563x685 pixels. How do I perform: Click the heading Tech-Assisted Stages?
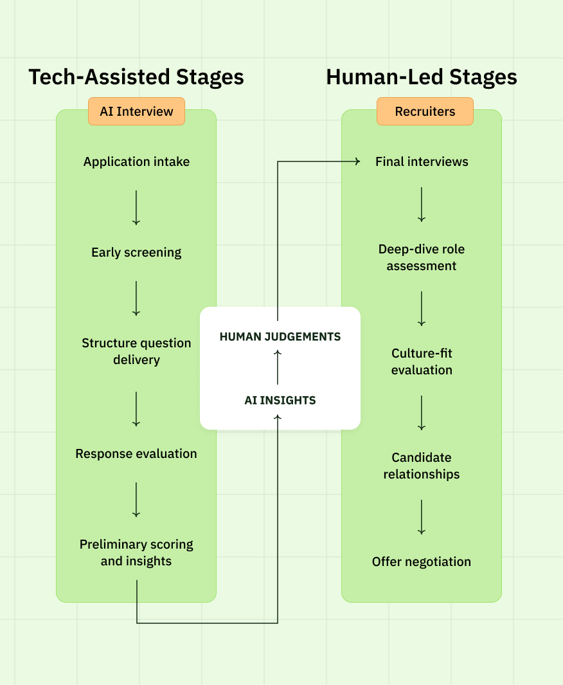tap(136, 77)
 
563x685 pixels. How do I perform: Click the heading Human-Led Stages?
tap(422, 77)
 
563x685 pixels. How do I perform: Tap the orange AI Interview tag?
tap(136, 111)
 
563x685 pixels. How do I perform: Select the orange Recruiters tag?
tap(425, 111)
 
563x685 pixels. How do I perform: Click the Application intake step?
tap(136, 161)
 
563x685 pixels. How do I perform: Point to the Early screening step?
tap(136, 252)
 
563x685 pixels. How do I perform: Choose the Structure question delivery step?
tap(136, 351)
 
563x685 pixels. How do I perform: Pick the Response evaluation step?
tap(136, 453)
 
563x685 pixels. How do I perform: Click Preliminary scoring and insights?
tap(136, 553)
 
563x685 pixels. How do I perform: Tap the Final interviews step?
tap(422, 161)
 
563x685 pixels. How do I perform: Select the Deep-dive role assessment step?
tap(422, 257)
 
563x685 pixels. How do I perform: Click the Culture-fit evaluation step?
tap(422, 361)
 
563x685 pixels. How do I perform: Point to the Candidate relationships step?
tap(422, 466)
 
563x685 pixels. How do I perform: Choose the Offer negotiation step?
tap(422, 562)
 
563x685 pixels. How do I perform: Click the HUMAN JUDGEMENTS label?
tap(280, 336)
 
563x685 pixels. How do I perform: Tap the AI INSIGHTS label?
tap(280, 400)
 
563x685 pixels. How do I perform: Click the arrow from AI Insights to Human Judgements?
tap(278, 367)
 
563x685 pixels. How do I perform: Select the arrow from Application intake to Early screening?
tap(136, 207)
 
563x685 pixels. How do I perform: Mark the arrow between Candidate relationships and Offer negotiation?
tap(422, 516)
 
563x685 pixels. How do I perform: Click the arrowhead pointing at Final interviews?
tap(357, 161)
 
